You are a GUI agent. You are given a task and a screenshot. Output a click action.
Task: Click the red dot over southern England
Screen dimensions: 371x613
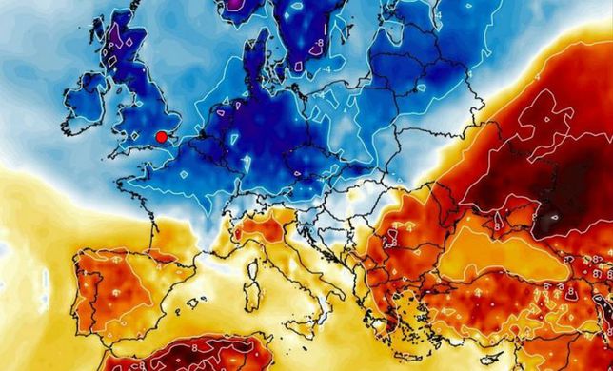pos(162,137)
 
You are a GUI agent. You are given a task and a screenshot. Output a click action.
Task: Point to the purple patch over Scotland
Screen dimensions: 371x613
pos(117,42)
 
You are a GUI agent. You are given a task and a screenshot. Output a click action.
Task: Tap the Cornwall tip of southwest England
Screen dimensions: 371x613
pos(105,152)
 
